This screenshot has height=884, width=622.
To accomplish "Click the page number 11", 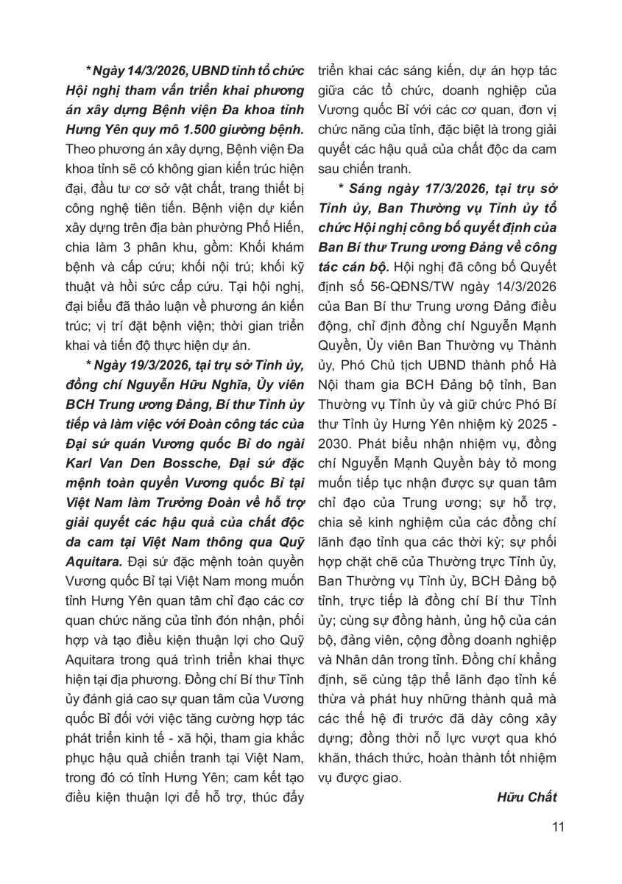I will [x=557, y=826].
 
